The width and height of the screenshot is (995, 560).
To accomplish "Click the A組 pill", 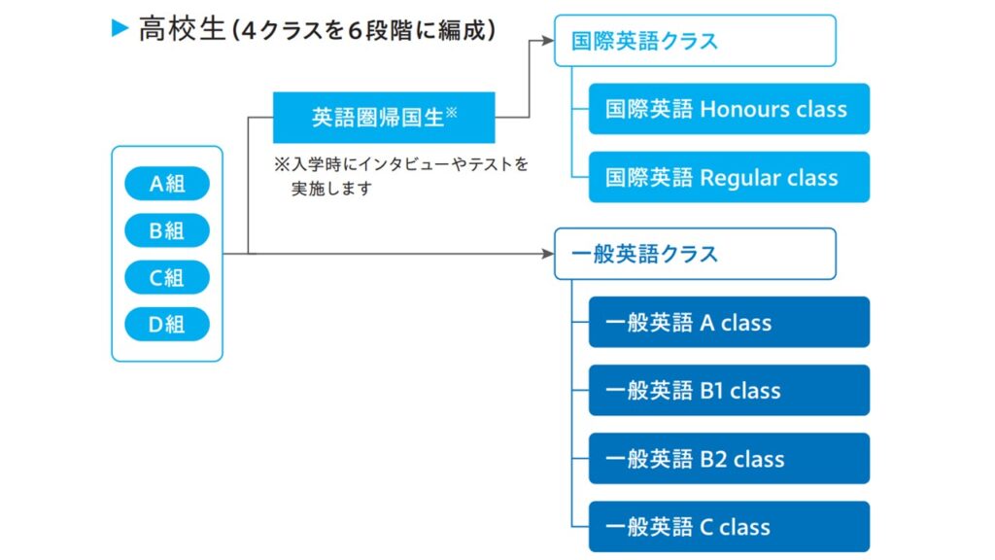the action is click(167, 184).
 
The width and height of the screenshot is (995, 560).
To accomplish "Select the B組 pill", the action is click(167, 230).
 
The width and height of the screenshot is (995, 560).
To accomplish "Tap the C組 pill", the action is click(167, 277).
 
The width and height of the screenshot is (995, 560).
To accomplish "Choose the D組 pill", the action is click(167, 325).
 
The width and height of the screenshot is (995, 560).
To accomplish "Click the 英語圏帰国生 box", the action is click(384, 118).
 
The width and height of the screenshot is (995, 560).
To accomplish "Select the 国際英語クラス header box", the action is click(695, 41).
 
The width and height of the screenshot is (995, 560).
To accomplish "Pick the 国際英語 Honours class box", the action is click(729, 109).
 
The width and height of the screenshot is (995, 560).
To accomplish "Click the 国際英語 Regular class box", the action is click(729, 177).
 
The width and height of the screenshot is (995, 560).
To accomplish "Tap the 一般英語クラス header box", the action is click(695, 254).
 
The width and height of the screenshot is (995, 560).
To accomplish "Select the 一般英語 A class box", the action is click(729, 322).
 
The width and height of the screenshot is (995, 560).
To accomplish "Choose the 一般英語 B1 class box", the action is click(729, 391).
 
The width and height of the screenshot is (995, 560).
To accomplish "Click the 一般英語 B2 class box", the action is click(729, 459).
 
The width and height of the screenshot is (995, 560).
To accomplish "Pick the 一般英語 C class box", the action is click(729, 526).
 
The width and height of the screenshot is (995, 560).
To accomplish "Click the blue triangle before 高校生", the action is click(120, 28).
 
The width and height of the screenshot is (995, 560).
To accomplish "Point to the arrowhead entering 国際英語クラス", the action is click(548, 41).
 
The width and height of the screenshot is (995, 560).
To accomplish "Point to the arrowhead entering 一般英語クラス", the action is click(548, 254).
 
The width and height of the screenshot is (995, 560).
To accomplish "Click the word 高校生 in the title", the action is click(182, 29).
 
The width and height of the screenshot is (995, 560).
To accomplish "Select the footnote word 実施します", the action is click(331, 189).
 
